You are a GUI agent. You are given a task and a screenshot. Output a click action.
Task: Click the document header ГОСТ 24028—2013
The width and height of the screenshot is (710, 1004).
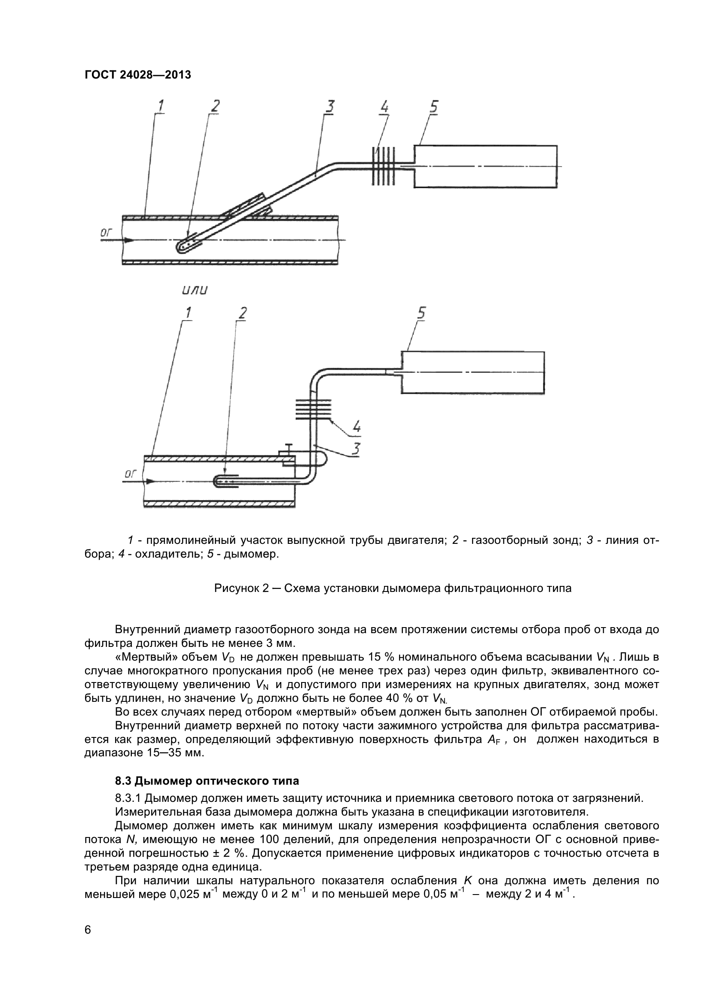click(x=138, y=75)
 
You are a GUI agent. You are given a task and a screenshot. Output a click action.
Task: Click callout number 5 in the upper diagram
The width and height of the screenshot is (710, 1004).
click(x=433, y=108)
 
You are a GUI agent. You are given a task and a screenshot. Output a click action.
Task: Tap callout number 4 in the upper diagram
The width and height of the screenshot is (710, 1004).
click(x=384, y=108)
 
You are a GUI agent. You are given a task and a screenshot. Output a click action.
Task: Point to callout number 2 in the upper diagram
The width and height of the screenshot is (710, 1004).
click(x=215, y=107)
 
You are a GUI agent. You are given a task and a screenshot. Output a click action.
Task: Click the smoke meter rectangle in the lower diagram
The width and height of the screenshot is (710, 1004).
click(x=472, y=372)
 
